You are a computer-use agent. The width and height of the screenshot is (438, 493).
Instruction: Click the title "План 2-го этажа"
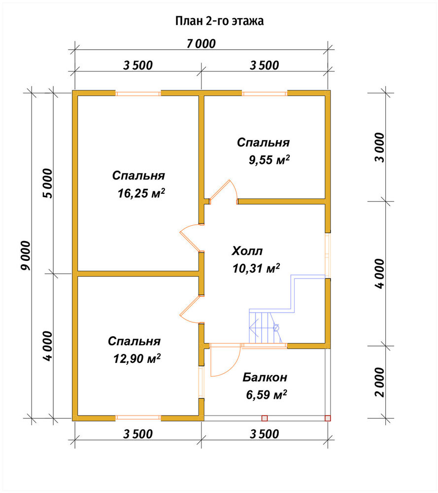219,21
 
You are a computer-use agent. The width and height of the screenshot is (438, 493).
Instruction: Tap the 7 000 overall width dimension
201,44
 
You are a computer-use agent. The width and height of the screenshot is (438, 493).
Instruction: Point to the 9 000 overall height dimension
26,255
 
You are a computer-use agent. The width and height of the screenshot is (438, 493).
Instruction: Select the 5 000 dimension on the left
48,183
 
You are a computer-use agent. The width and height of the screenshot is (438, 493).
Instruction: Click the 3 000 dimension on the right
379,147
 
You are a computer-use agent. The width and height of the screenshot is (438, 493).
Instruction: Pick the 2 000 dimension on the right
379,382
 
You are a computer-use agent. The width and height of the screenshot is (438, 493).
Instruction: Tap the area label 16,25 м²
141,193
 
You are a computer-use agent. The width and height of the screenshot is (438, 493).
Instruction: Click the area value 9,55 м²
270,160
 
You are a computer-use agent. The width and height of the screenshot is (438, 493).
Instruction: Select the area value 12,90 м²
137,358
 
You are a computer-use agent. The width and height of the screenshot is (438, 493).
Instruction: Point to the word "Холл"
247,251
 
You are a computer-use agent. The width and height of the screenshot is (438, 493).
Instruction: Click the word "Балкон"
265,377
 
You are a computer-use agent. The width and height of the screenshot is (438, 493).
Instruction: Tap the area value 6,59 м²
267,394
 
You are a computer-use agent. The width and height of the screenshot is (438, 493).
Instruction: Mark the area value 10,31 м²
256,268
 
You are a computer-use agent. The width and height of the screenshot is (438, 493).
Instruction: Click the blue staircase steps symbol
265,327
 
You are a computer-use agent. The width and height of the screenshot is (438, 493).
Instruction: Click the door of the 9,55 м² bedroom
224,191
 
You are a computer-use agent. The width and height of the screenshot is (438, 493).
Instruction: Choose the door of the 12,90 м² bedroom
189,310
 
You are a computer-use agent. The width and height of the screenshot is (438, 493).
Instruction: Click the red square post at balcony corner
328,418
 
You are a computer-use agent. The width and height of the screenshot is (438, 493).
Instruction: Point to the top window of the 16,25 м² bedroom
138,93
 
